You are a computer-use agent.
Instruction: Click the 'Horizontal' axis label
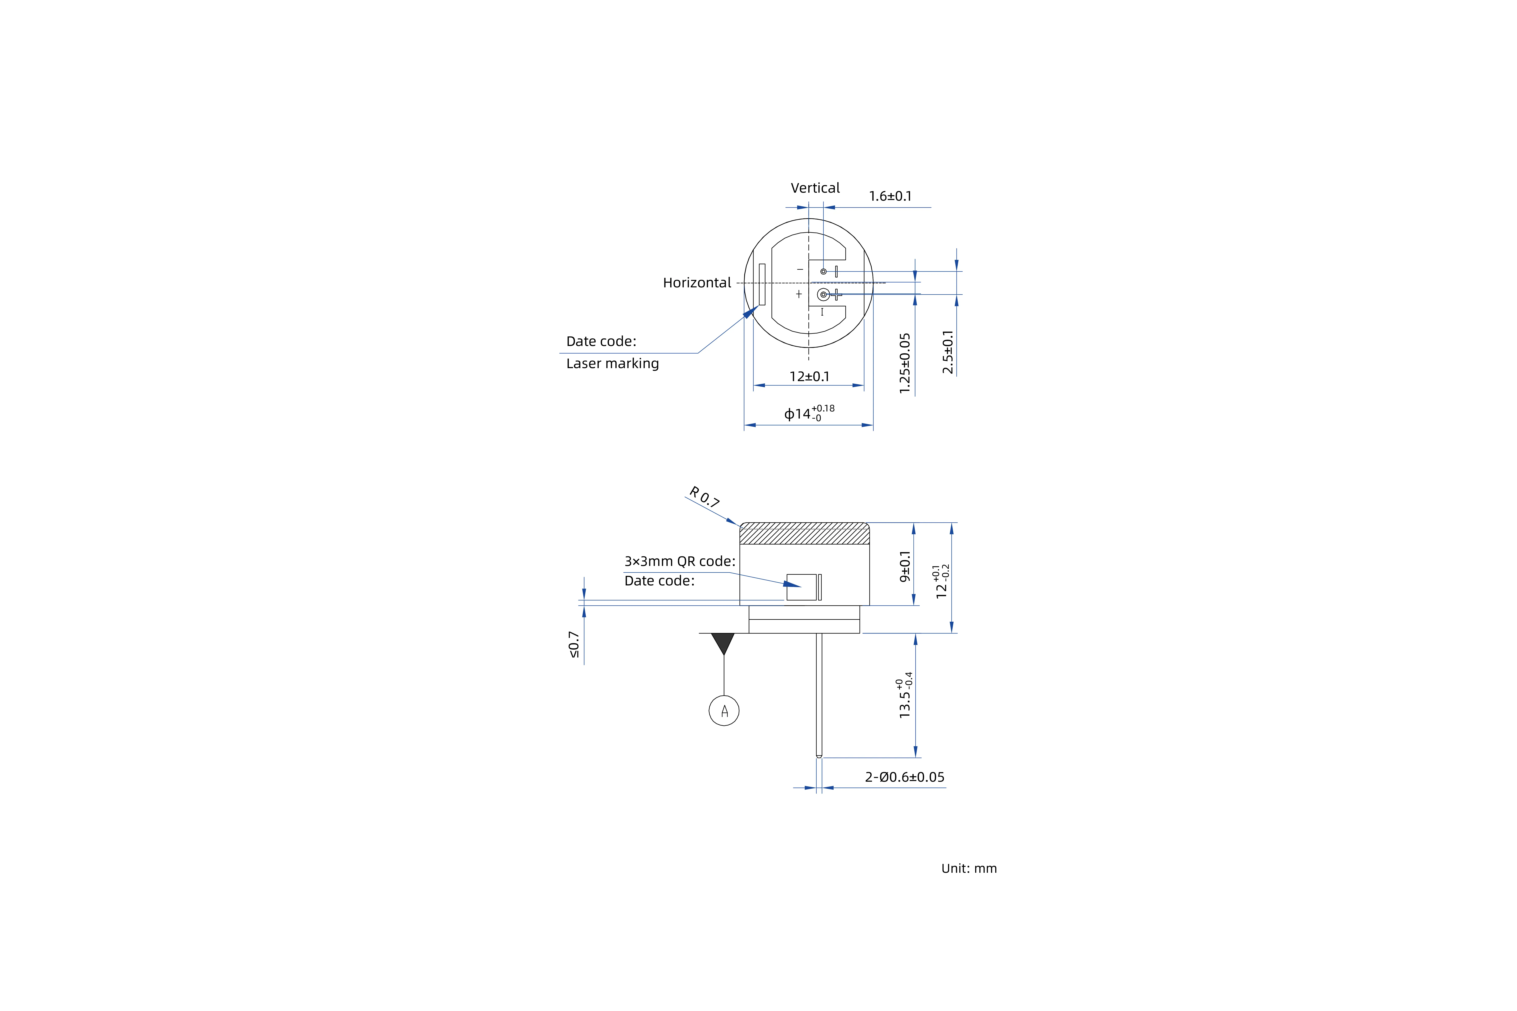pyautogui.click(x=697, y=283)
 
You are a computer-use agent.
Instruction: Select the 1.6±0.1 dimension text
pyautogui.click(x=890, y=196)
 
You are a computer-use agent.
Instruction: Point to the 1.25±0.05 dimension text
pyautogui.click(x=905, y=363)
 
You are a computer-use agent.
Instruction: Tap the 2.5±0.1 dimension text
pyautogui.click(x=947, y=352)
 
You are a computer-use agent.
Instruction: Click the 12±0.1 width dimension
pyautogui.click(x=810, y=377)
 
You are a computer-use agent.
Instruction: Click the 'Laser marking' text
pyautogui.click(x=612, y=364)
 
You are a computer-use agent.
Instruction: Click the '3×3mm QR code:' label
pyautogui.click(x=679, y=562)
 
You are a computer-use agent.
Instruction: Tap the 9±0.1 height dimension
pyautogui.click(x=905, y=566)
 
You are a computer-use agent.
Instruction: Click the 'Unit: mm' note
pyautogui.click(x=969, y=869)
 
